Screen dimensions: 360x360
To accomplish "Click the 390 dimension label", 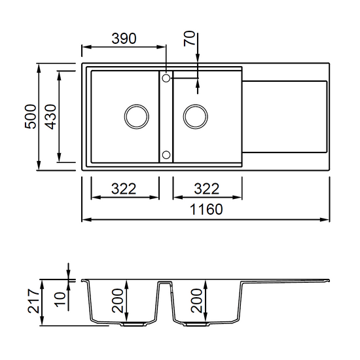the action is [x=124, y=39].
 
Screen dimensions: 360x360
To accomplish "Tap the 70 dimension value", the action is [x=189, y=39].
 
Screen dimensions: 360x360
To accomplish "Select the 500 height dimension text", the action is [x=31, y=117].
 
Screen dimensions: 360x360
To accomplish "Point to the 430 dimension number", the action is [x=50, y=117].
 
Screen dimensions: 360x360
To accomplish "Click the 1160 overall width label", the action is [x=206, y=209].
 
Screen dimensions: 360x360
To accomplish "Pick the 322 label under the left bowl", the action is [x=124, y=189].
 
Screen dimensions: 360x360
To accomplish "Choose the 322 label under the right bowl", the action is [x=207, y=189].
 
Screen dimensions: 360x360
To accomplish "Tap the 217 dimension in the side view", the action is [x=33, y=301].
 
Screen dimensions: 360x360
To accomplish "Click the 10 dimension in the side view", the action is [x=60, y=299].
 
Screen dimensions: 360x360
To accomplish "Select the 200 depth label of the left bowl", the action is [x=118, y=301].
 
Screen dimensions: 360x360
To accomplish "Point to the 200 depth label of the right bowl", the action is [x=196, y=301].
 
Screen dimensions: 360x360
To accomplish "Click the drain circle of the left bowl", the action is [x=137, y=105].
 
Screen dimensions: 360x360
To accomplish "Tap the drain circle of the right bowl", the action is [x=196, y=105].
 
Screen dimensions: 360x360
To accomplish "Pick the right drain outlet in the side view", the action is [x=198, y=324].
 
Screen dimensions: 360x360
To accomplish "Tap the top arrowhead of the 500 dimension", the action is [x=39, y=68].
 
